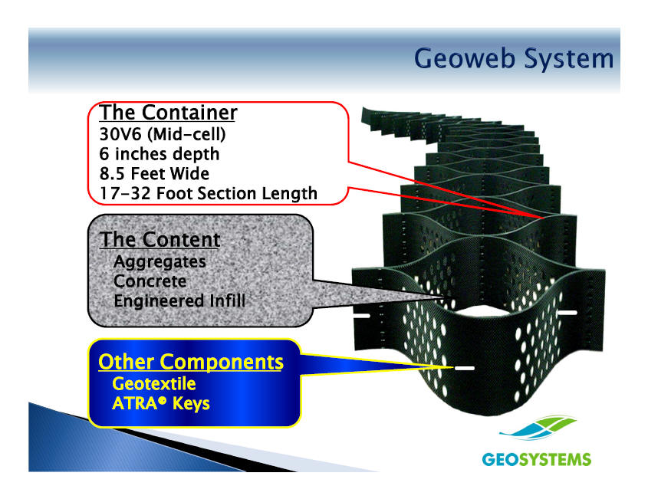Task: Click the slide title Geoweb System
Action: [x=514, y=58]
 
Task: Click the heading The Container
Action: [x=168, y=113]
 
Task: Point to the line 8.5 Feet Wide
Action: [x=154, y=173]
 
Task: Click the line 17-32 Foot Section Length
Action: [x=208, y=193]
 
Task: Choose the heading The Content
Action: [x=160, y=240]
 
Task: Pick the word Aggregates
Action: [x=160, y=261]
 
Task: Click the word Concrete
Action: [x=150, y=281]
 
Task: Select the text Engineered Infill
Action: [x=179, y=301]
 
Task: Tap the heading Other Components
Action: [x=191, y=362]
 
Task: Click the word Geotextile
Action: [x=153, y=383]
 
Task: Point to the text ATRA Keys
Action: [x=160, y=403]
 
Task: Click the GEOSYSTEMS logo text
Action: [x=536, y=460]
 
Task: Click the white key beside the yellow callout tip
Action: [x=465, y=369]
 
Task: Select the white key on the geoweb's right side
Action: [x=567, y=312]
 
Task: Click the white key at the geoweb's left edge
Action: [x=360, y=315]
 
